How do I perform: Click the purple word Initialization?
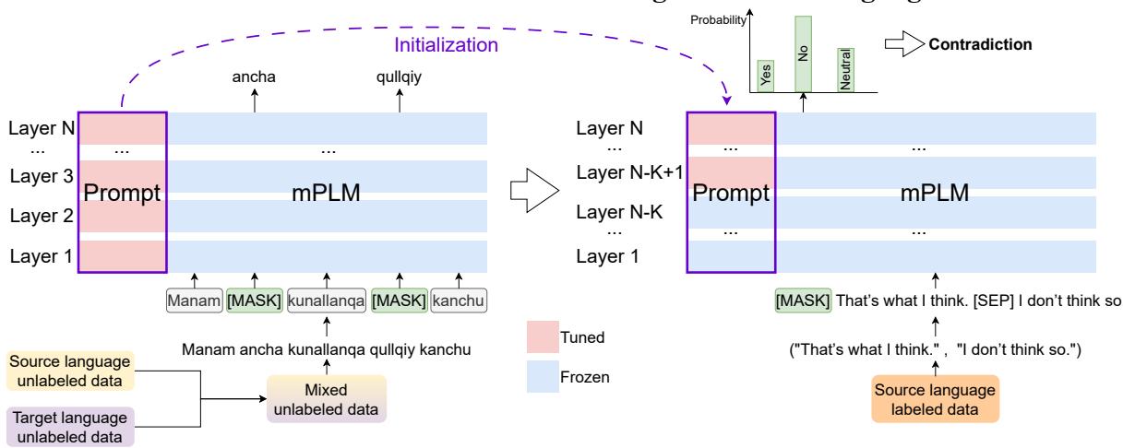[x=448, y=43]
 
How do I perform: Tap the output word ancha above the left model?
[x=256, y=77]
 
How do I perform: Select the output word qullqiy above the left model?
[x=399, y=77]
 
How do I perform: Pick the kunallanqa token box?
[x=325, y=300]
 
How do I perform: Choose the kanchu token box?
[x=459, y=300]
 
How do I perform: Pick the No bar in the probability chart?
[x=803, y=53]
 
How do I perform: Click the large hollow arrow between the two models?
[x=536, y=194]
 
